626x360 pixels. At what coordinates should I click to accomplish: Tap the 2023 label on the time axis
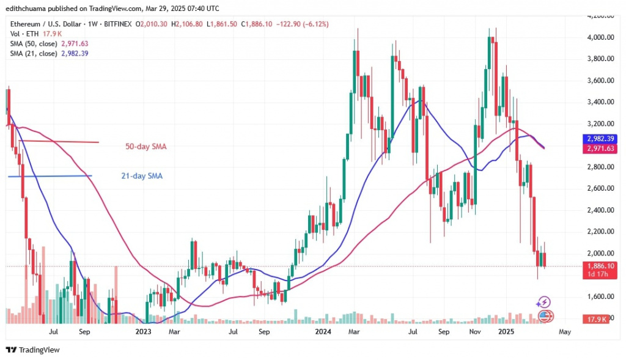(143, 332)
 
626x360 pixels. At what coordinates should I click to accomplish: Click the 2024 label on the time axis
(323, 332)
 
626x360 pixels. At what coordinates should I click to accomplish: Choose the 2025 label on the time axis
(506, 332)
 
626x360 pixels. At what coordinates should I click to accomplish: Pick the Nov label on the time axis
(475, 332)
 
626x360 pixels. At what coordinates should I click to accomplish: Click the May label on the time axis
(565, 332)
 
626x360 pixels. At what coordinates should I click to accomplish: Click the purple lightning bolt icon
(543, 302)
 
